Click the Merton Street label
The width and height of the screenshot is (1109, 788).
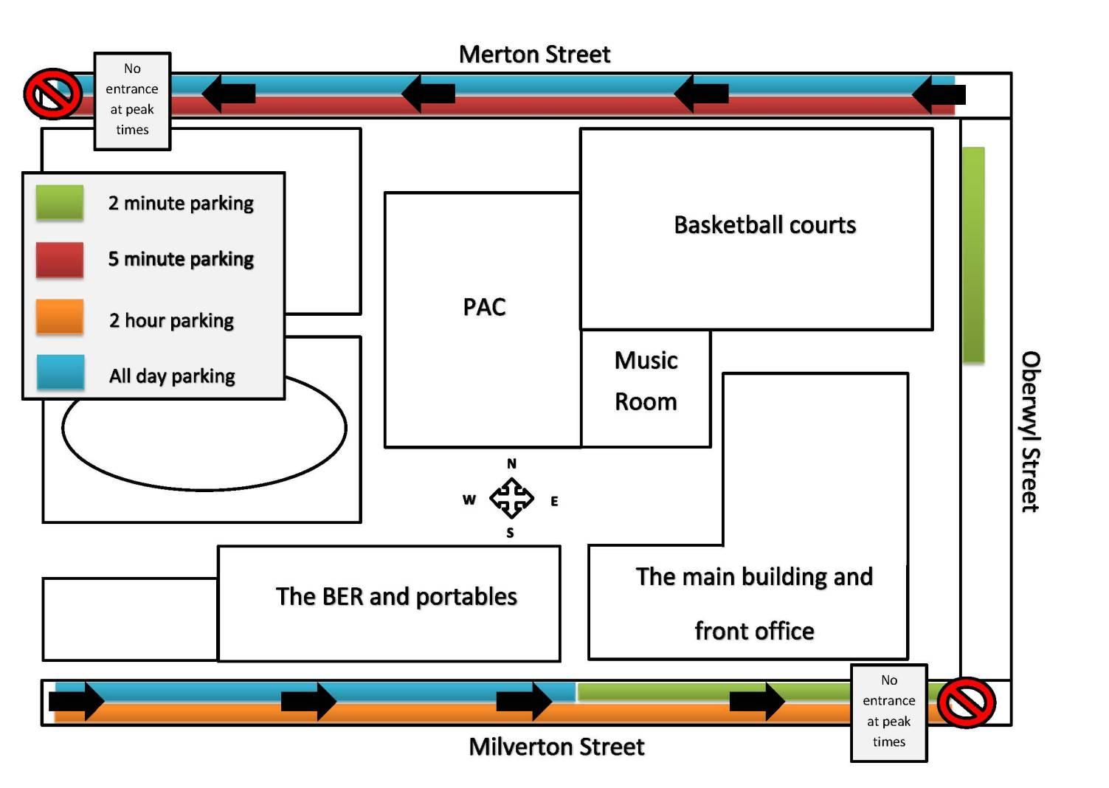(x=534, y=54)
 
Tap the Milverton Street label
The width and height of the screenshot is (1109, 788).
(x=556, y=747)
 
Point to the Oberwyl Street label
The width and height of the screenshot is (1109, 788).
(x=1030, y=432)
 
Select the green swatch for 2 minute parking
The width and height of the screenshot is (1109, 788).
(x=60, y=202)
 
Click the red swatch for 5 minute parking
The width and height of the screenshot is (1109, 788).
(x=60, y=260)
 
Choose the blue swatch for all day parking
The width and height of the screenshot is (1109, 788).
(x=60, y=373)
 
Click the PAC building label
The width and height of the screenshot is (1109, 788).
(x=484, y=307)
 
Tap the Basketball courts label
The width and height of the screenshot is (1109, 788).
(x=764, y=225)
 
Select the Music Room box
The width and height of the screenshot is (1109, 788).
(x=646, y=388)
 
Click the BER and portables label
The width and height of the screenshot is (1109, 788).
(x=396, y=596)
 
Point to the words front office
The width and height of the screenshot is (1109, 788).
(x=754, y=632)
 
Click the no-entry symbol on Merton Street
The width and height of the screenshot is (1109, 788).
(x=52, y=94)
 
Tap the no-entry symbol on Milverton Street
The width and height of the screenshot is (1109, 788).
(x=966, y=702)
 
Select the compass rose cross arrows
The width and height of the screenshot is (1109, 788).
(x=511, y=498)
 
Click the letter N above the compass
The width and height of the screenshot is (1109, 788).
(x=511, y=464)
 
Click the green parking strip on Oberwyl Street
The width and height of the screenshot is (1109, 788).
(x=973, y=255)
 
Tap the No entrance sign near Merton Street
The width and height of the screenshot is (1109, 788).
(x=133, y=100)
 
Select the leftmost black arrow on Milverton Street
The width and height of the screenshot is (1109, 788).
(x=77, y=700)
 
